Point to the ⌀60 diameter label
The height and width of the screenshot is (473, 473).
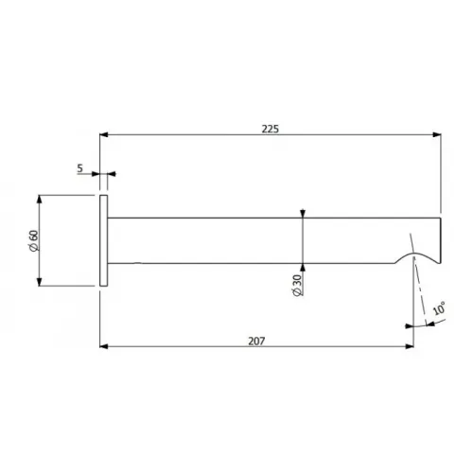[x=31, y=240]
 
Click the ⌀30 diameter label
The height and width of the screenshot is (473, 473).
[x=297, y=287]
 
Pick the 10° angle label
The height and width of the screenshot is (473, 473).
[x=440, y=308]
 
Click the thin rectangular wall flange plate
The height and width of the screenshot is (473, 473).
[x=104, y=240]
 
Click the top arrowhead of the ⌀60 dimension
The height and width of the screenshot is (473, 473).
[x=39, y=200]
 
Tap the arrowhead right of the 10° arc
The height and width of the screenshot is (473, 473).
[x=426, y=323]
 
